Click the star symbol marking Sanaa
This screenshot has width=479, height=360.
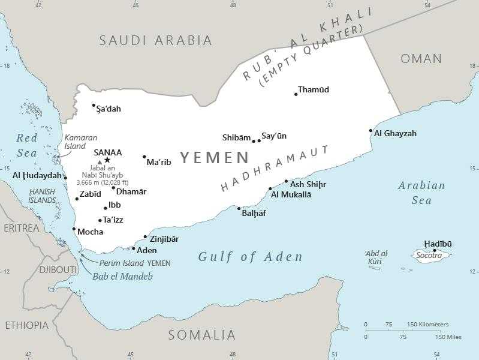point(107,160)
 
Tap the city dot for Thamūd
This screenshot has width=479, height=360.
point(296,94)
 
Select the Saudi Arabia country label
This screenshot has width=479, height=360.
point(156,40)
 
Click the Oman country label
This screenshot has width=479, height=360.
point(421,59)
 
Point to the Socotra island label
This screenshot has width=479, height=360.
point(429,256)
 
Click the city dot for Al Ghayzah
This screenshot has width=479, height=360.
point(371,131)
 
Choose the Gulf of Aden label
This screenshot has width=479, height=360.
point(251,257)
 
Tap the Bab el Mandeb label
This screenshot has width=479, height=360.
point(123,277)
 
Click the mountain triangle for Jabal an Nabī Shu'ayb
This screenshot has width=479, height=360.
point(100,162)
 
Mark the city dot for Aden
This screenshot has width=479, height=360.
point(134,248)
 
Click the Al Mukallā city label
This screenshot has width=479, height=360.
point(291,194)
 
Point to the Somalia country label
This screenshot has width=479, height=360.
point(202,335)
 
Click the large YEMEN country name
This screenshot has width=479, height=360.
point(215,158)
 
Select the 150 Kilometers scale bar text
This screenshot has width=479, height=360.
point(427,325)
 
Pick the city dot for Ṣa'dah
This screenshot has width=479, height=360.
point(94,106)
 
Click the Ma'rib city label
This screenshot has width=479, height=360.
point(159,162)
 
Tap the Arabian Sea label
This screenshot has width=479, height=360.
point(421,193)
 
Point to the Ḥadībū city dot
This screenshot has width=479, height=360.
point(435,251)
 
